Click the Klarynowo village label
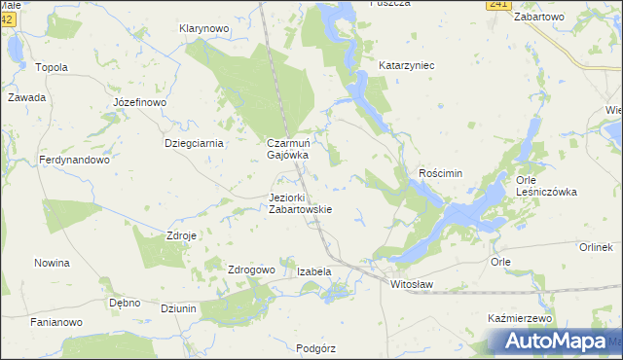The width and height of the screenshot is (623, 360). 203,29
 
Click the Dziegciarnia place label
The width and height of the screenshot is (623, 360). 194,143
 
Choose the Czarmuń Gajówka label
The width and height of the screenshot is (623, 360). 288,148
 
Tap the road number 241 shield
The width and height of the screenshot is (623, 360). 498,5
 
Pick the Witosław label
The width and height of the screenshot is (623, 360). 411,283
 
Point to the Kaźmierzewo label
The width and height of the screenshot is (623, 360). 519,318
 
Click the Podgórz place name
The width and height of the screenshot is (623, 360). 315,347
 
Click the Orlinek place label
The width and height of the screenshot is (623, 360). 595,247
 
